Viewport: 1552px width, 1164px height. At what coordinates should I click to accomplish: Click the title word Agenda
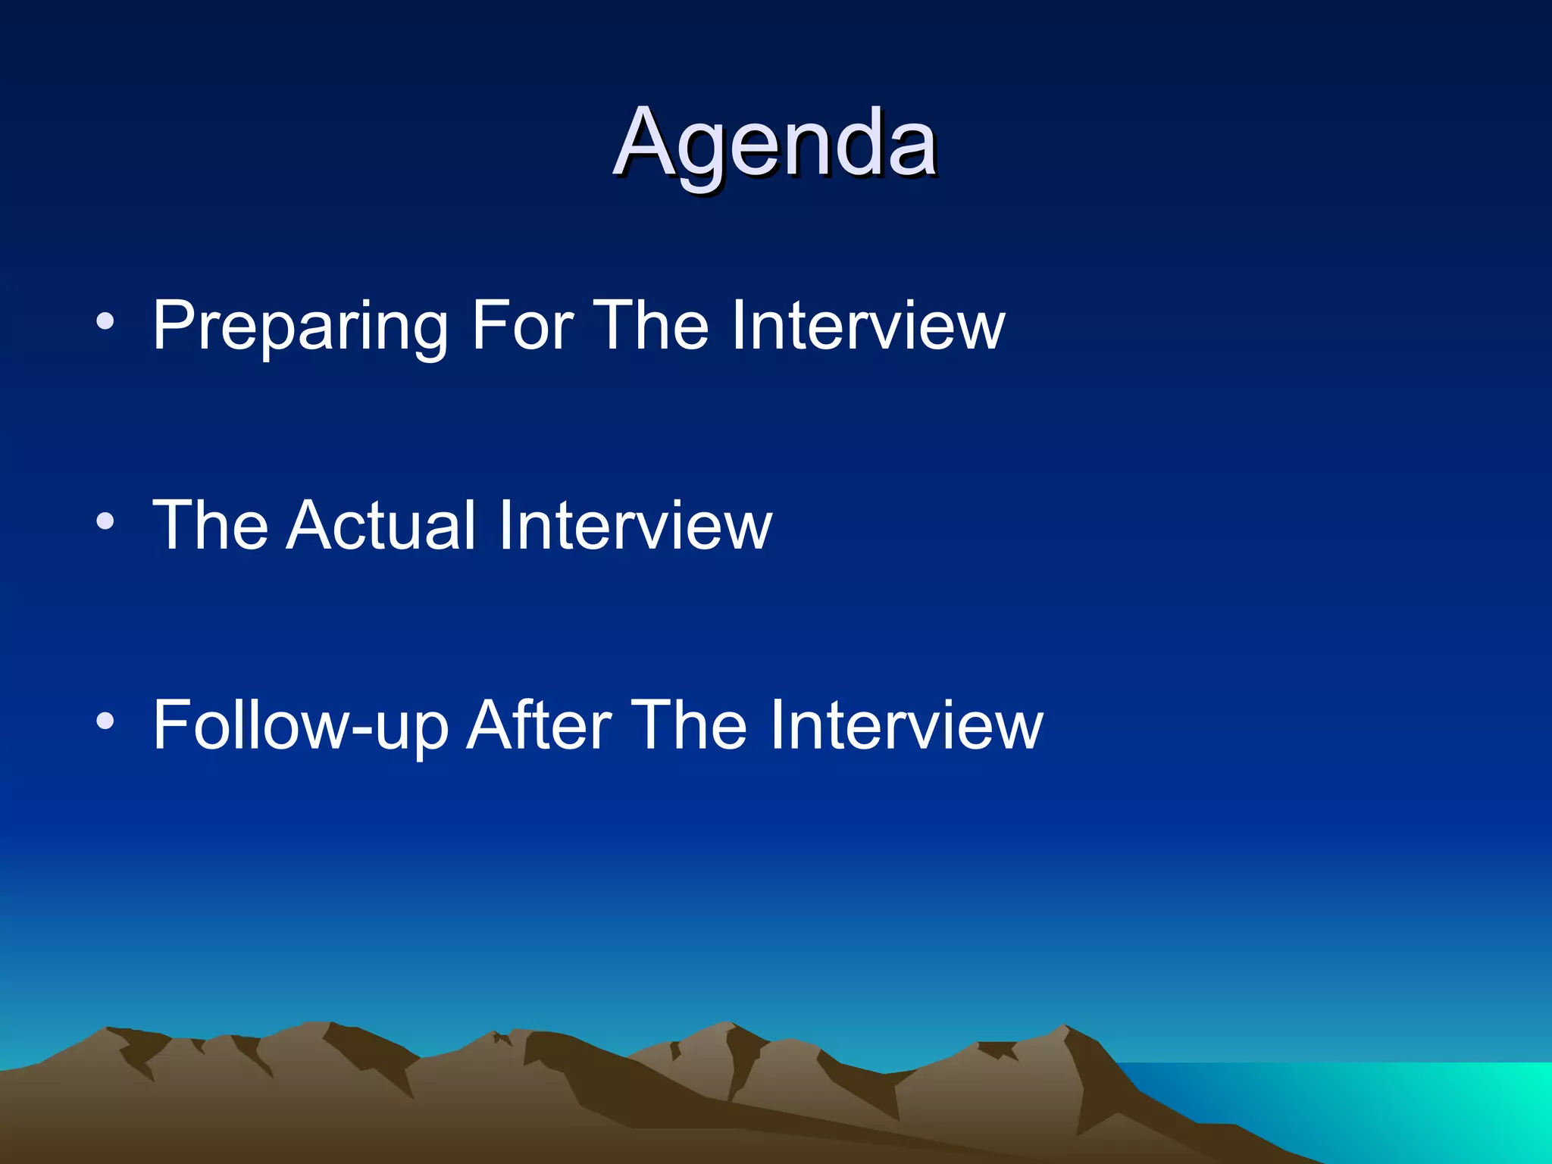pyautogui.click(x=774, y=144)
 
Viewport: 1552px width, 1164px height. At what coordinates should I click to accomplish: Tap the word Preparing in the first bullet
pyautogui.click(x=300, y=326)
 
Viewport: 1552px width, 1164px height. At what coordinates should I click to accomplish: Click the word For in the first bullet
pyautogui.click(x=522, y=326)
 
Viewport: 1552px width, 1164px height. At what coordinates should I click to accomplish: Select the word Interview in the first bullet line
pyautogui.click(x=868, y=326)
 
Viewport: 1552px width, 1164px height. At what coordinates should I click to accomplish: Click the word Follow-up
pyautogui.click(x=300, y=725)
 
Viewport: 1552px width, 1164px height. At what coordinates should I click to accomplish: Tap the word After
pyautogui.click(x=538, y=725)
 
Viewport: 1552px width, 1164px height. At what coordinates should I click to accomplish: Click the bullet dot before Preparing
pyautogui.click(x=105, y=322)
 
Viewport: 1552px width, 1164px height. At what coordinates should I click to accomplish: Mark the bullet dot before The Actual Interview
pyautogui.click(x=105, y=521)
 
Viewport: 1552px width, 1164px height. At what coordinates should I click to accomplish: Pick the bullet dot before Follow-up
pyautogui.click(x=105, y=721)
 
